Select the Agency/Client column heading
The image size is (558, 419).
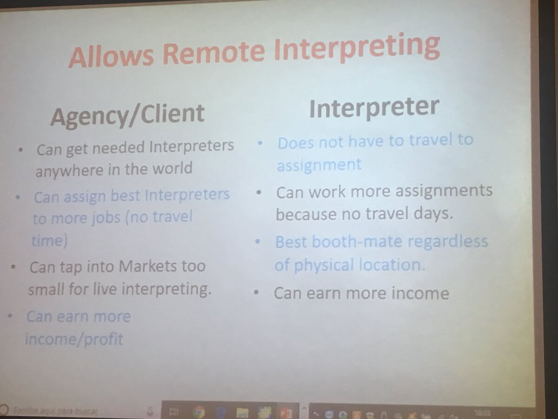point(127,115)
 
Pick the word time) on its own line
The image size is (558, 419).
point(49,241)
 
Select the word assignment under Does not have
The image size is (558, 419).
point(319,165)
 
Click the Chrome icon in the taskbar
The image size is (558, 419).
point(199,412)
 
